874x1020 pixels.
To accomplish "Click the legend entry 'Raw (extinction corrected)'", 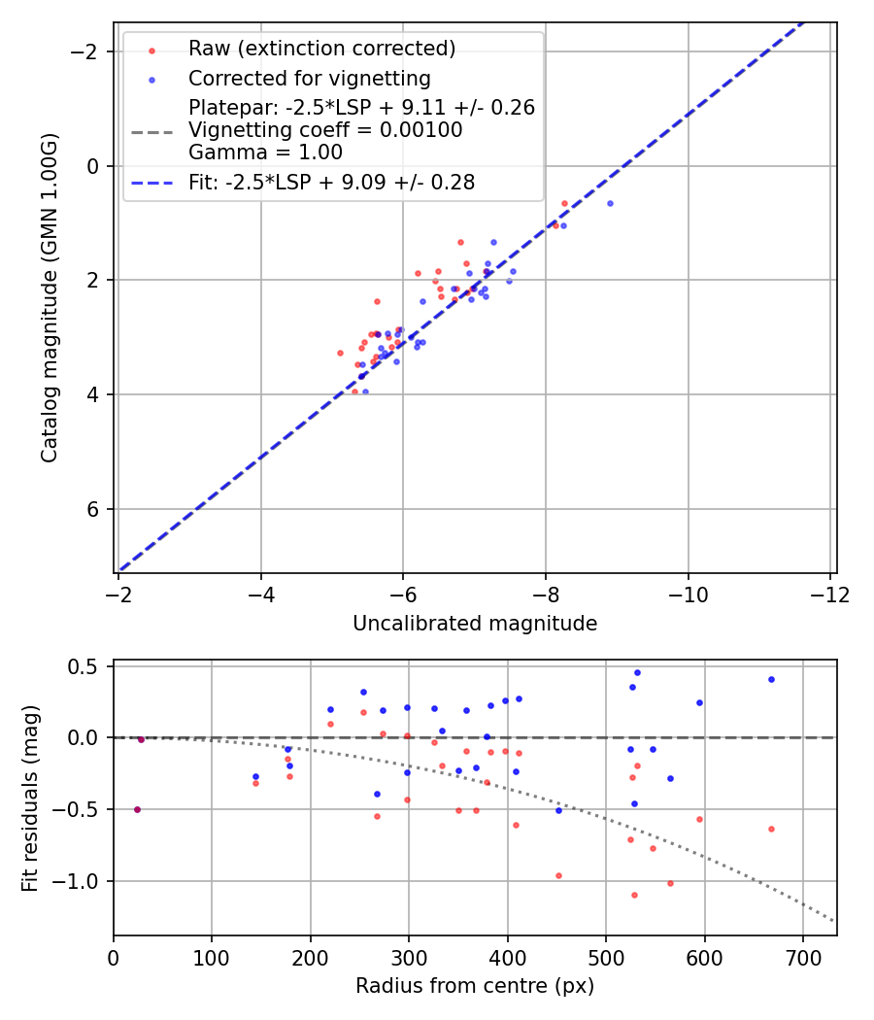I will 321,49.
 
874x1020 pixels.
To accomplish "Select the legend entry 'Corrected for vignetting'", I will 309,78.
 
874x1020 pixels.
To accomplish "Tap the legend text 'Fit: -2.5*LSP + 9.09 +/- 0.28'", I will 331,182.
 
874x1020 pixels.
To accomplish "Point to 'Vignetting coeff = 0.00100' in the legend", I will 325,130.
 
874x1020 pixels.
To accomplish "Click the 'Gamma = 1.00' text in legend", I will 265,152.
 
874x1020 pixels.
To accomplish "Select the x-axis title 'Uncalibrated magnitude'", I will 475,624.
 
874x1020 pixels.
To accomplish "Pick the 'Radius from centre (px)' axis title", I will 475,986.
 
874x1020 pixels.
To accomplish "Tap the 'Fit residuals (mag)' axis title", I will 29,798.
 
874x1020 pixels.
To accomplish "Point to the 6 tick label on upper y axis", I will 94,509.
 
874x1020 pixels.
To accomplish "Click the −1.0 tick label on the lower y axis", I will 82,881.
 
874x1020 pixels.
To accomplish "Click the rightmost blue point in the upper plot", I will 610,203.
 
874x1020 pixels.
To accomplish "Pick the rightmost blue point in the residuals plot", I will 771,679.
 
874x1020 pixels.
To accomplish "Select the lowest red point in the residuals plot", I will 634,895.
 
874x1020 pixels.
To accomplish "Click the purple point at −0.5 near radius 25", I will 137,809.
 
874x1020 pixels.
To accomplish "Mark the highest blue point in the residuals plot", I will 637,672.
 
